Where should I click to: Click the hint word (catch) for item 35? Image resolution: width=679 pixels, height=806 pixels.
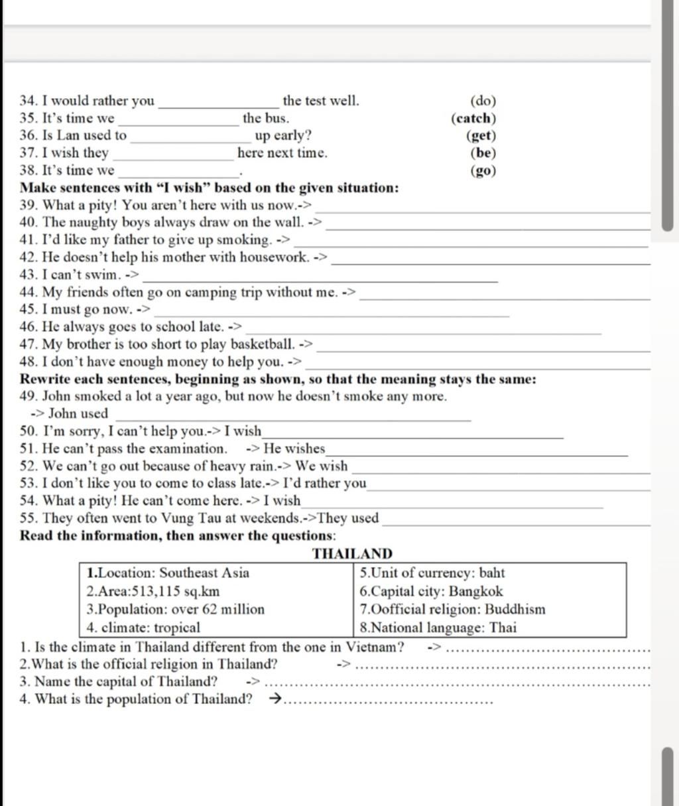(473, 119)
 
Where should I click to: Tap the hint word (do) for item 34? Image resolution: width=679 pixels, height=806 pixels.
(483, 101)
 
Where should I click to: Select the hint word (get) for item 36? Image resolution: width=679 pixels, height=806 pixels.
(481, 136)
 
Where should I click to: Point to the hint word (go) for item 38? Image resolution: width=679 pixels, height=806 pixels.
(483, 170)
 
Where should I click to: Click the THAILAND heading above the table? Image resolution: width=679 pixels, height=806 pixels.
(352, 554)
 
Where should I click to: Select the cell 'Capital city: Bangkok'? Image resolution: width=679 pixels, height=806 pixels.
(431, 592)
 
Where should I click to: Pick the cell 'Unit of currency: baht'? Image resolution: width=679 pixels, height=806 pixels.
(432, 573)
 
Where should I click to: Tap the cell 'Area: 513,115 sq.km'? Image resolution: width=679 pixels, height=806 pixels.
(153, 592)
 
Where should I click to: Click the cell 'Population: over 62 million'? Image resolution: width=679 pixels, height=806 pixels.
(176, 610)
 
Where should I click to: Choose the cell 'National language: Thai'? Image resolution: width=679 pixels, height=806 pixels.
(438, 628)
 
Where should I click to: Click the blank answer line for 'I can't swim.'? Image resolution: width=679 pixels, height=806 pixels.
(320, 279)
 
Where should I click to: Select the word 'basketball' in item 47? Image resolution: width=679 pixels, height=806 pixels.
(261, 344)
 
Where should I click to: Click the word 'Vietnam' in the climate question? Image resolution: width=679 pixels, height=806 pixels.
(375, 647)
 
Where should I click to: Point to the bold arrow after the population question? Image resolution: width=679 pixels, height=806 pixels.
(274, 699)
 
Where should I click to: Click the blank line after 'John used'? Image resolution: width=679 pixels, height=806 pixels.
(292, 417)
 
